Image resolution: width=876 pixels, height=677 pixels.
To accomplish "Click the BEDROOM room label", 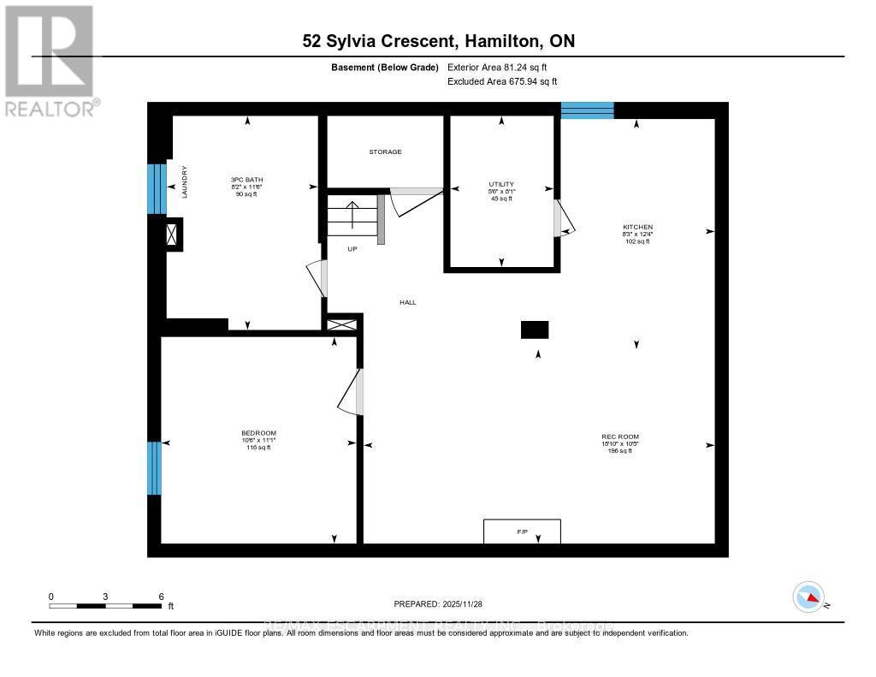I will point(258,433).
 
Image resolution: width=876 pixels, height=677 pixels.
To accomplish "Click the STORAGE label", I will point(385,151).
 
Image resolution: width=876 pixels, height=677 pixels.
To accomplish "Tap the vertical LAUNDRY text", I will point(184,182).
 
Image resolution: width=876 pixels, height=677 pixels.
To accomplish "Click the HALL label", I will point(408,302).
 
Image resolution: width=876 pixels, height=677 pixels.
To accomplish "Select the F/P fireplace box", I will point(522,532).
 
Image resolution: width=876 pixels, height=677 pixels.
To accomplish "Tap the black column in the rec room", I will point(535,330).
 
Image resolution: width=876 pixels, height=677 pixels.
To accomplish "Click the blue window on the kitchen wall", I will point(587,110).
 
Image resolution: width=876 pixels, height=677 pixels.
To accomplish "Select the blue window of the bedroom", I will point(154,468).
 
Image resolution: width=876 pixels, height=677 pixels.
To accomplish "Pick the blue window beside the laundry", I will point(156,188).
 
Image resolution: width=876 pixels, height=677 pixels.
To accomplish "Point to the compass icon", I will point(808,597).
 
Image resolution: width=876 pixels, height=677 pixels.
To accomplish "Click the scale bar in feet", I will point(105,606).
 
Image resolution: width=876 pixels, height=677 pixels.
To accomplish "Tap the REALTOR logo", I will point(50,60).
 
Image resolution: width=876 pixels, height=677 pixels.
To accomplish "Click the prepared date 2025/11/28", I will point(438,603).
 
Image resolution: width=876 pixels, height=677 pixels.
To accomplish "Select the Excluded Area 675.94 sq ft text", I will point(502,81).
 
